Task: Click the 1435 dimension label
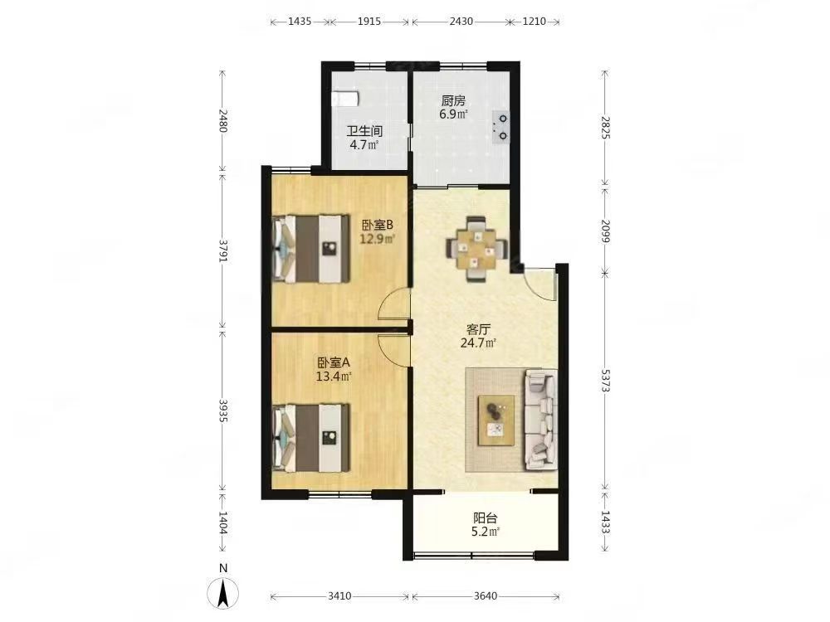coord(300,22)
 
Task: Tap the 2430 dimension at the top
coord(461,22)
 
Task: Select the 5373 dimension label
coord(606,379)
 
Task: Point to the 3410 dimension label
coord(339,596)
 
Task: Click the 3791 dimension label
coord(223,250)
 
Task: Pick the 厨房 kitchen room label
coord(453,100)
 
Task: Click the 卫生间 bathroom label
coord(364,131)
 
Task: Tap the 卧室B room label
coord(378,226)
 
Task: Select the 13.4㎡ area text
coord(334,377)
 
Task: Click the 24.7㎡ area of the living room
coord(478,343)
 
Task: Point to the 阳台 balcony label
coord(485,518)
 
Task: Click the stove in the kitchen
coord(500,127)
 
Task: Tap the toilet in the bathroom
coord(345,99)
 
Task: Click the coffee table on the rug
coord(496,420)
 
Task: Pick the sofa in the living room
coord(540,420)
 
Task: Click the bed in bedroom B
coord(311,248)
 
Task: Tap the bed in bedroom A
coord(311,438)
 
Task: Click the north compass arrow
coord(223,593)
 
